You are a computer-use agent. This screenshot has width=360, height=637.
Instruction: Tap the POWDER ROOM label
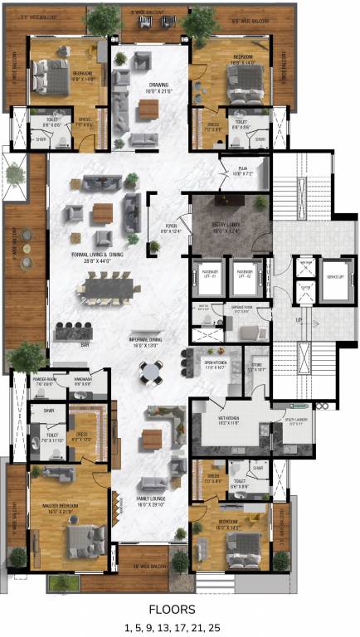point(43,382)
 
